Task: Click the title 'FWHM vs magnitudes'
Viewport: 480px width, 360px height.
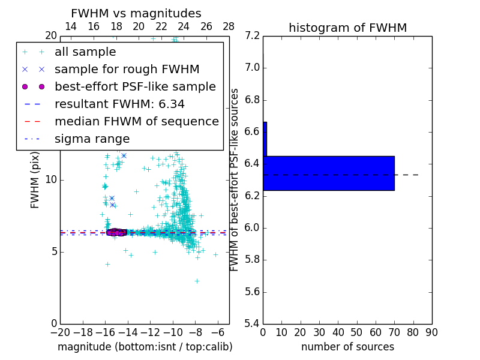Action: tap(136, 13)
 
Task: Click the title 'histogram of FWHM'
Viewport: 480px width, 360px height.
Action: tap(347, 28)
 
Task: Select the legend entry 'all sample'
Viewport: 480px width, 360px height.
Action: tap(85, 52)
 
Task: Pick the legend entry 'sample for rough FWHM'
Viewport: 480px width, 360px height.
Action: tap(127, 69)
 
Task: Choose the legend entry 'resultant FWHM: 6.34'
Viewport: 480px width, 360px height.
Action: tap(119, 104)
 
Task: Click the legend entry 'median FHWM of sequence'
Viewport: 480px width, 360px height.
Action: tap(136, 121)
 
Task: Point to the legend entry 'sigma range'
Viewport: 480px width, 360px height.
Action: tap(92, 139)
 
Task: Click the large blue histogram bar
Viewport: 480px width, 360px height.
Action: tap(329, 173)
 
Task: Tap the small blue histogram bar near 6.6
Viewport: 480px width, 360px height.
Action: tap(265, 139)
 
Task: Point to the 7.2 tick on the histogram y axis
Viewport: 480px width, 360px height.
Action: tap(253, 35)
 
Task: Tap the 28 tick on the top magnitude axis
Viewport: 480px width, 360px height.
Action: tap(229, 26)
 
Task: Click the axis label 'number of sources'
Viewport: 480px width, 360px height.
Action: tap(347, 347)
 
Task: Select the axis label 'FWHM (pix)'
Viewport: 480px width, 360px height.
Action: tap(35, 180)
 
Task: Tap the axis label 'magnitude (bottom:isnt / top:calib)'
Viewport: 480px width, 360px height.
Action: tap(145, 347)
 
